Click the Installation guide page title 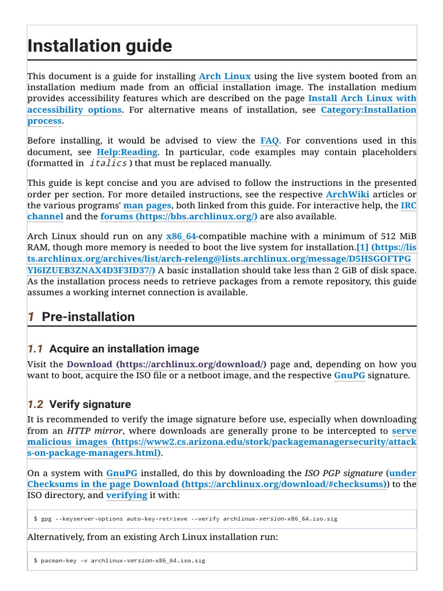click(x=99, y=46)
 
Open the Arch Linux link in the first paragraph click(x=224, y=77)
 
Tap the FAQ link click(x=269, y=141)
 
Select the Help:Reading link click(x=127, y=152)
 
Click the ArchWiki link click(x=347, y=194)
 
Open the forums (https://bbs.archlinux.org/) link click(x=179, y=217)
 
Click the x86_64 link click(x=181, y=236)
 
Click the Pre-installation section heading click(x=88, y=317)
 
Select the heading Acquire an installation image click(x=124, y=349)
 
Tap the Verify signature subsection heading click(x=90, y=404)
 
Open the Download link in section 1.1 click(x=167, y=365)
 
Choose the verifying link click(x=126, y=496)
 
